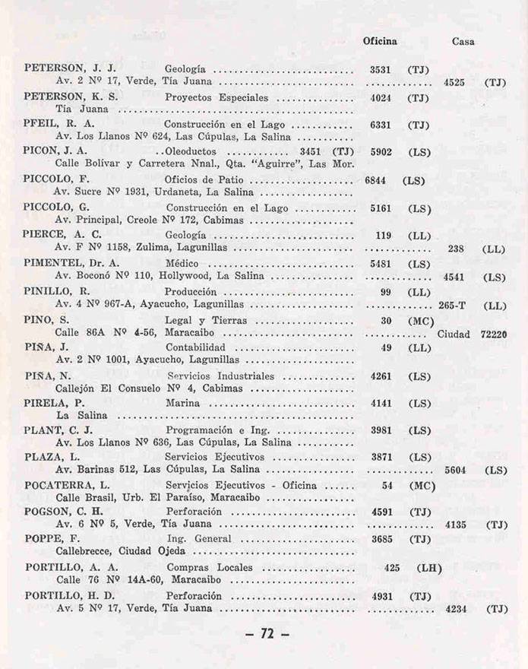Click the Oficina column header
[x=380, y=41]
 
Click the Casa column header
[x=463, y=42]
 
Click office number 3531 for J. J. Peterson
[x=380, y=69]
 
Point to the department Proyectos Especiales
[x=217, y=97]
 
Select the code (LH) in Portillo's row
[x=429, y=567]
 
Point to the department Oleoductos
[x=195, y=151]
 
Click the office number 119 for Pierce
[x=383, y=235]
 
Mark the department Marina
[x=183, y=402]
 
